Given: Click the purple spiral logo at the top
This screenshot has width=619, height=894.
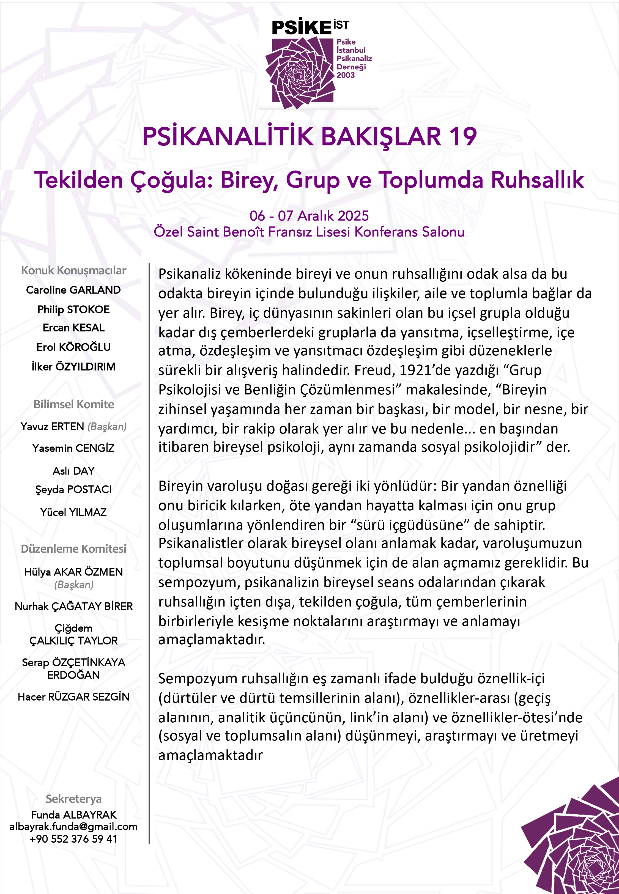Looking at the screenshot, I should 300,73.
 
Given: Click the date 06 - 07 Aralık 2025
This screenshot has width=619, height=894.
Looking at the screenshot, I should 309,216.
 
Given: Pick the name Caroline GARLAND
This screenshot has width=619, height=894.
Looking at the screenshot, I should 73,290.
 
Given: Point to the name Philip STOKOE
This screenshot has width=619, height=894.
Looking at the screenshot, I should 73,309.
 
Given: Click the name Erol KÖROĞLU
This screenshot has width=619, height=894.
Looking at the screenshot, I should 73,347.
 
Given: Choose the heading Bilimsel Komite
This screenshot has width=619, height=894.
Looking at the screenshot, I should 74,404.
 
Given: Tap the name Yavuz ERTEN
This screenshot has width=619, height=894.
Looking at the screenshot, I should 52,426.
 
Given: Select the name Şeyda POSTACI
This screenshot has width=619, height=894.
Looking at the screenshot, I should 73,489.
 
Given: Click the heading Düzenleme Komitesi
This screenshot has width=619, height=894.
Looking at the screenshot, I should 74,549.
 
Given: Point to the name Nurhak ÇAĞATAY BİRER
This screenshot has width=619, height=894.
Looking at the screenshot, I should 74,606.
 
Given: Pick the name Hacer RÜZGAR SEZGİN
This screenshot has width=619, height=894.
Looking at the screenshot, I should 74,697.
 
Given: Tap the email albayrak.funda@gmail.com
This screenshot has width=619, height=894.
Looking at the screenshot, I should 73,827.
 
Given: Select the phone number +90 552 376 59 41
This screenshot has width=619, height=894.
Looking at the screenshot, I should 73,839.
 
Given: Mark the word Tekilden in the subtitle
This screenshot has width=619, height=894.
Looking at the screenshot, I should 79,180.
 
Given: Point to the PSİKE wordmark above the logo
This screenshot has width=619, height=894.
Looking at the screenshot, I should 301,28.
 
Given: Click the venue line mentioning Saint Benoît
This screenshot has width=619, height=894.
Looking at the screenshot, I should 309,232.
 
